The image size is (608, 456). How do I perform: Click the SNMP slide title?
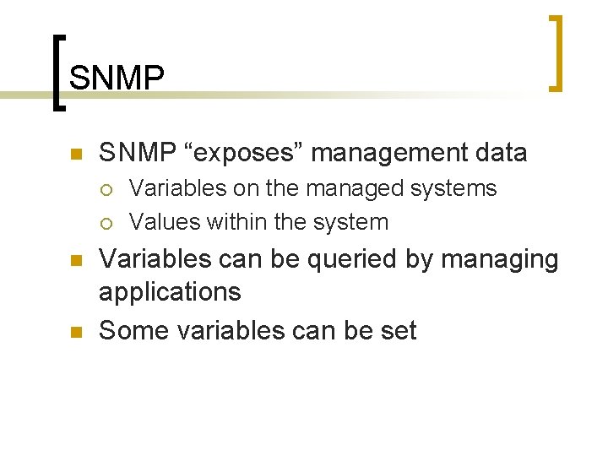(x=117, y=78)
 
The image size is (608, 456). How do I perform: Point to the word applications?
(x=170, y=293)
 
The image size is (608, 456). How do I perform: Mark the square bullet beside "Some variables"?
(x=75, y=332)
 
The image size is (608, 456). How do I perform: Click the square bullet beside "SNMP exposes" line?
(x=75, y=155)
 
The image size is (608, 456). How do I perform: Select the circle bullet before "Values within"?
(x=106, y=223)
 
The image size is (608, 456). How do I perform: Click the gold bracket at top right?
(x=556, y=52)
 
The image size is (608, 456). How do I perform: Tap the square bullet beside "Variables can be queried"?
(x=75, y=261)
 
